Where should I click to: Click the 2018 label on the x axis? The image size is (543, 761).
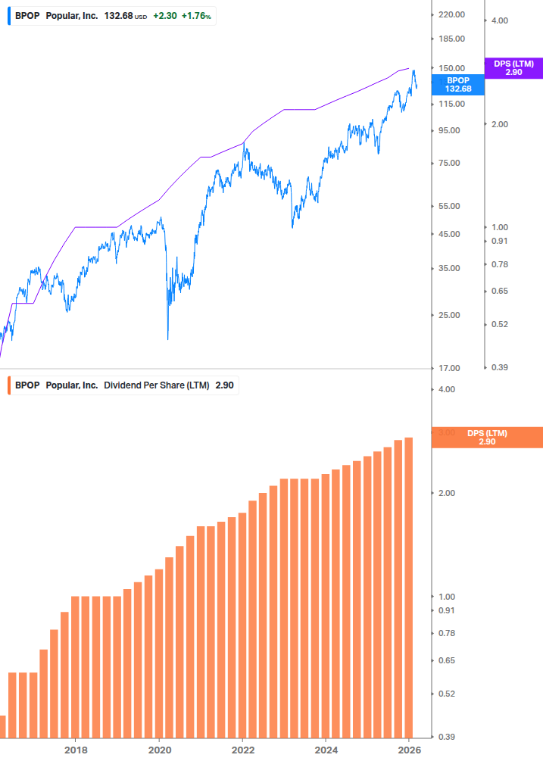76,750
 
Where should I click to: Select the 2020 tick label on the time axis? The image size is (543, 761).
159,750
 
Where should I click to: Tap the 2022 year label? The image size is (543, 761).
243,750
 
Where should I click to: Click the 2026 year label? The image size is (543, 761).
409,750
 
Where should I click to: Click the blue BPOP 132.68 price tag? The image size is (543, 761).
457,84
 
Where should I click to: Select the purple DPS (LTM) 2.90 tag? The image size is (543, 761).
513,68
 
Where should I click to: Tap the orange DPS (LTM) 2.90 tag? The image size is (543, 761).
486,438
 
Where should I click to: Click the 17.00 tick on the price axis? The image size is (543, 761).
448,368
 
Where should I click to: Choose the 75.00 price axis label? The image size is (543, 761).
448,163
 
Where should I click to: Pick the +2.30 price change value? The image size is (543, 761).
164,15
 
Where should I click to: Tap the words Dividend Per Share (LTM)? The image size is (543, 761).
157,385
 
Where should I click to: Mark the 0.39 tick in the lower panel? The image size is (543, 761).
447,737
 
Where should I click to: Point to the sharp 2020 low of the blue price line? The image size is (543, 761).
167,338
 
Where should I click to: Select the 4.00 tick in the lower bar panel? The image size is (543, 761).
447,389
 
